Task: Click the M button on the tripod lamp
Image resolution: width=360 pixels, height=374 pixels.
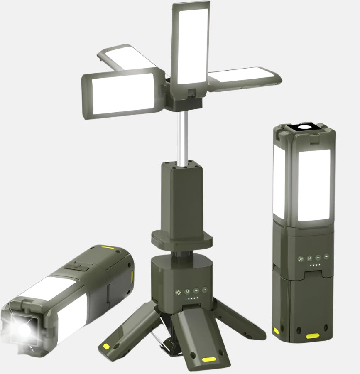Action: point(187,291)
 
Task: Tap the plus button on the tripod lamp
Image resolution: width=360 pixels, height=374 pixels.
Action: point(196,291)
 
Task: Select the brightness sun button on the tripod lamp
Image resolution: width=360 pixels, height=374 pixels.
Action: point(179,292)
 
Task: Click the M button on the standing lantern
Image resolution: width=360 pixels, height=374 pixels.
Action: point(310,258)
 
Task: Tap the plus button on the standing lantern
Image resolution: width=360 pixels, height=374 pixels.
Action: point(318,258)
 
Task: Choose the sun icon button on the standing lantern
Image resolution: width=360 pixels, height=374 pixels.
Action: point(301,258)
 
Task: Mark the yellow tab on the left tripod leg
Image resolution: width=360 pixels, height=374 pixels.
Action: point(106,346)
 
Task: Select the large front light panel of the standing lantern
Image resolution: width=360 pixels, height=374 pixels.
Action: point(313,185)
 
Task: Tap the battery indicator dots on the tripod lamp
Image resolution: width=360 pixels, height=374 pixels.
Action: point(192,298)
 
